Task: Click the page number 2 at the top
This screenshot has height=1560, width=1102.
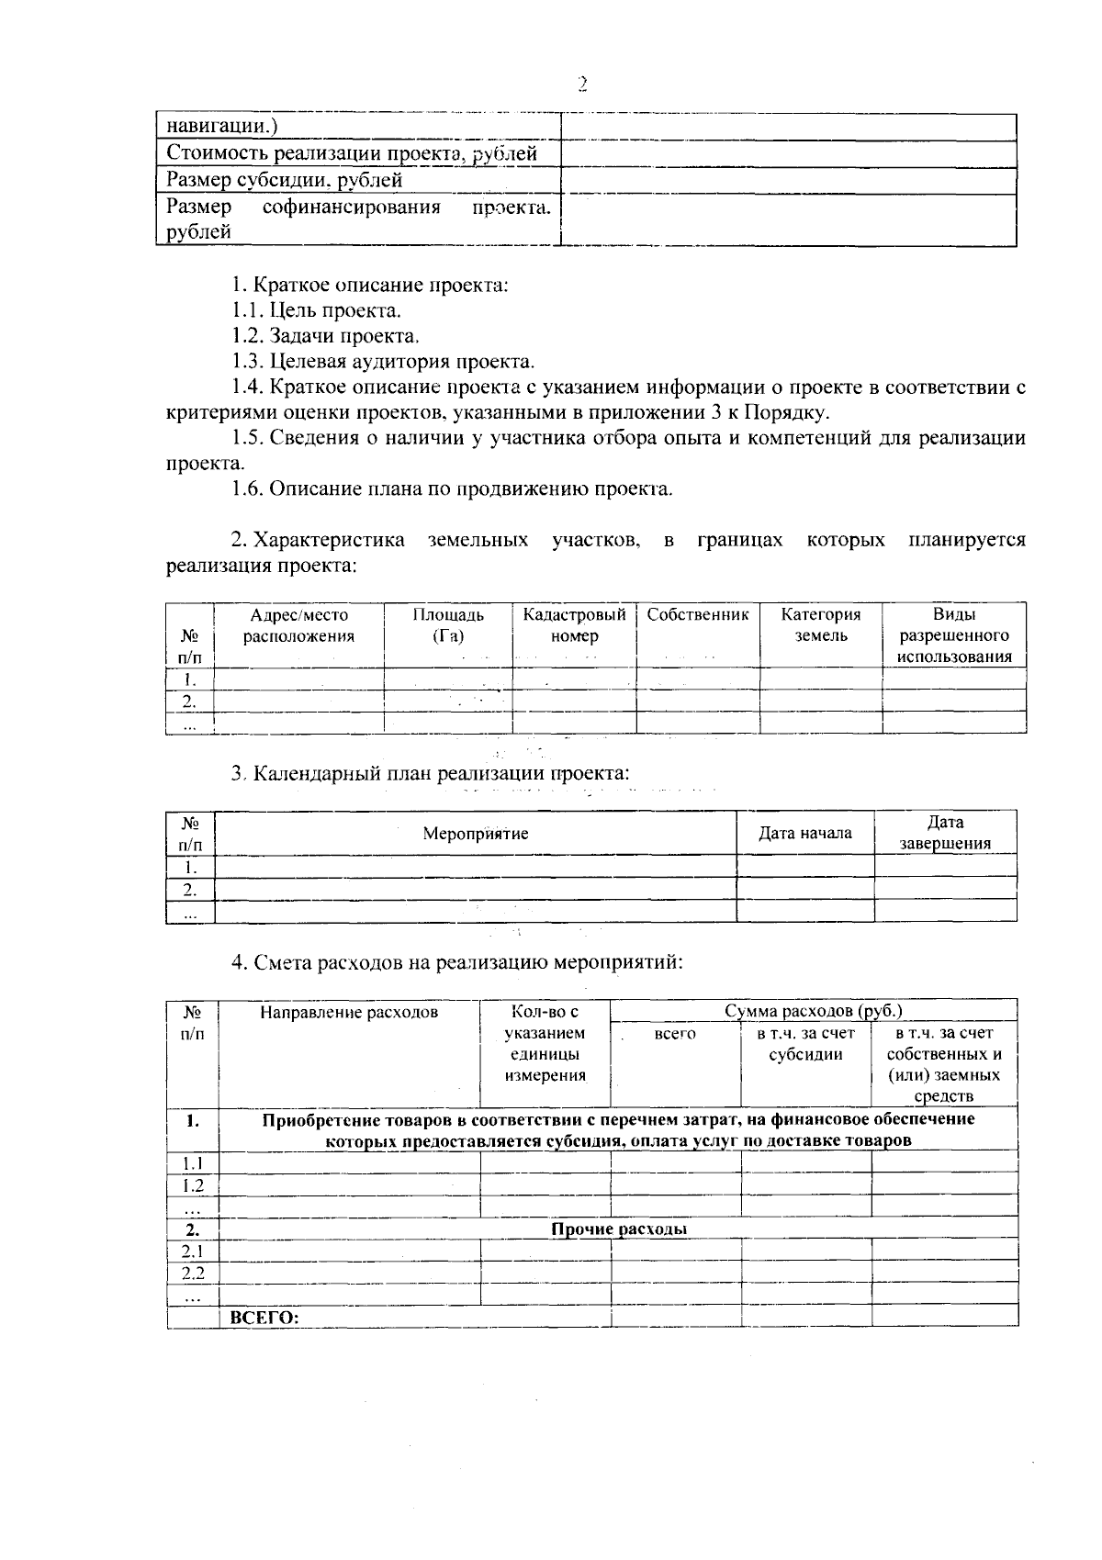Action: click(581, 84)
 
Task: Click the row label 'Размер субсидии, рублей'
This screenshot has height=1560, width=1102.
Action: click(284, 180)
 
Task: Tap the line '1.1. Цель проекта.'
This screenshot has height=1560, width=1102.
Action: click(316, 310)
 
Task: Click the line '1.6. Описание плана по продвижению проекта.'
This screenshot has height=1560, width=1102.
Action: click(452, 488)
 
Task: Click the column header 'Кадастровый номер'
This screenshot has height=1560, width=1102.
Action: click(574, 625)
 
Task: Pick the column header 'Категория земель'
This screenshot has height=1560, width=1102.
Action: click(821, 625)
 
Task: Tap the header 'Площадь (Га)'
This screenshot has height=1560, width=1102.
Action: click(447, 625)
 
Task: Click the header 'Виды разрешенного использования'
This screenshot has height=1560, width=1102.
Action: click(954, 635)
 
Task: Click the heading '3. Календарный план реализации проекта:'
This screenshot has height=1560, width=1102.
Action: click(431, 773)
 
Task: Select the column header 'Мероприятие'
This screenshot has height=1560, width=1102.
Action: click(475, 834)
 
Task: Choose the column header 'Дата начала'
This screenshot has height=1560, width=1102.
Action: click(804, 834)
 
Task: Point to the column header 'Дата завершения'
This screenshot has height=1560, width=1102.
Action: click(945, 834)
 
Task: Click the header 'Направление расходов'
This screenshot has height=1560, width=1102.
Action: click(349, 1013)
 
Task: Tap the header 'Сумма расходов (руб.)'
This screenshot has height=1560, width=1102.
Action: click(814, 1011)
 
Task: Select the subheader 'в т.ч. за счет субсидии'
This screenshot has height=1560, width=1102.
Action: click(805, 1044)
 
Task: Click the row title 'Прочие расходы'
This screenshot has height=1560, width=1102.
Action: click(619, 1229)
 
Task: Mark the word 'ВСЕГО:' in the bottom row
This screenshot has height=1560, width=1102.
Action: click(264, 1317)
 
